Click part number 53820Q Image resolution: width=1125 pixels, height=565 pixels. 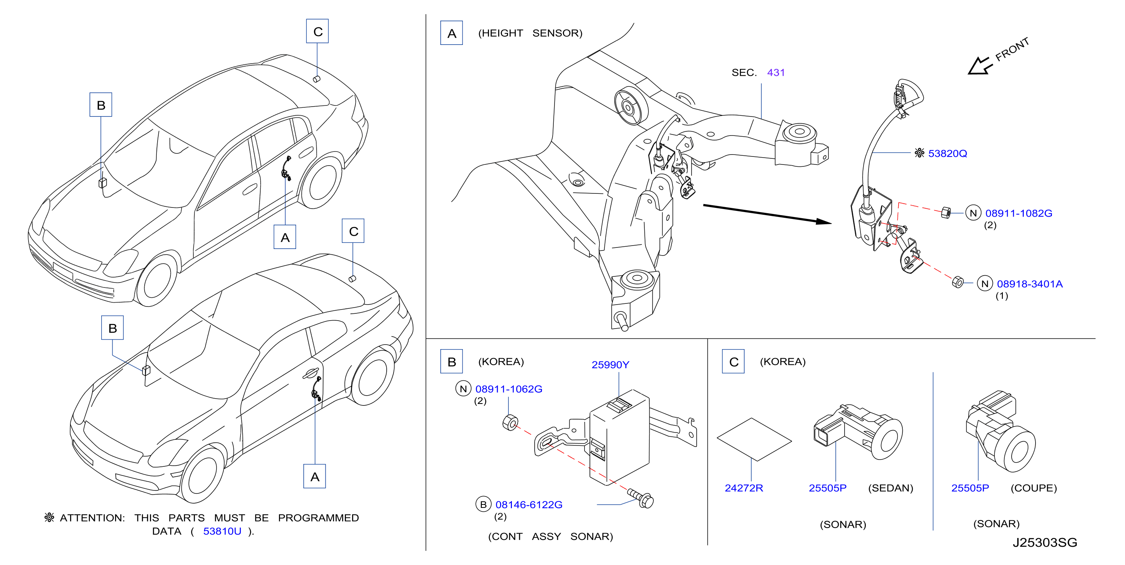(947, 153)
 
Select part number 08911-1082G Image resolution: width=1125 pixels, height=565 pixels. (1018, 213)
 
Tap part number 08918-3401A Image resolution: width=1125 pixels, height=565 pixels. (1029, 284)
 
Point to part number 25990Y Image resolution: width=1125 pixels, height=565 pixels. (610, 365)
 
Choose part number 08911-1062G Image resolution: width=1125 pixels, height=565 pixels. (509, 389)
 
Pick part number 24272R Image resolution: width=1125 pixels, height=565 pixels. (744, 488)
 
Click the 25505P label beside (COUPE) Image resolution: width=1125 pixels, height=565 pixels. (970, 488)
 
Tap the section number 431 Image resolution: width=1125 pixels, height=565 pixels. (776, 73)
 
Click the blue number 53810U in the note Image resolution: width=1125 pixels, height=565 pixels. (222, 531)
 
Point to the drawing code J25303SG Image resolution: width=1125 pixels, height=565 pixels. (1045, 543)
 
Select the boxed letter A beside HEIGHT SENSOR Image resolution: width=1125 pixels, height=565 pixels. (452, 33)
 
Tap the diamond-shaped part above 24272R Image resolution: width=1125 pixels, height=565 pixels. (754, 439)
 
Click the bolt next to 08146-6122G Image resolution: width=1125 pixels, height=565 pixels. (641, 498)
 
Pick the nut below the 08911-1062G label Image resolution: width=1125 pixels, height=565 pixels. (510, 423)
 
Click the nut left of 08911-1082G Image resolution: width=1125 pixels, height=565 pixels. (945, 213)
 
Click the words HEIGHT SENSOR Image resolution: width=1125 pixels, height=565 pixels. (530, 33)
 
